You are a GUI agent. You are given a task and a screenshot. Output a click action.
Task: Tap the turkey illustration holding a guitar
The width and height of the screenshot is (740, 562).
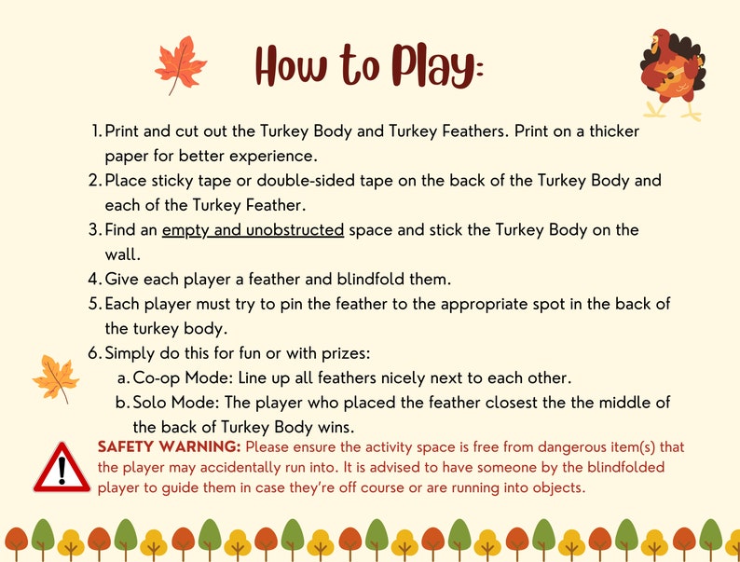coord(673,74)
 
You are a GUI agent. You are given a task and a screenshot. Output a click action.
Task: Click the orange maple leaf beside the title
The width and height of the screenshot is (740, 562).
coord(180,64)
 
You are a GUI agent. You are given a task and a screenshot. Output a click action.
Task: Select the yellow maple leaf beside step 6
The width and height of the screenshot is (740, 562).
coord(55,377)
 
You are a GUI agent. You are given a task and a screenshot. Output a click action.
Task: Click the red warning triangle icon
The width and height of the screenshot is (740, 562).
coord(62,468)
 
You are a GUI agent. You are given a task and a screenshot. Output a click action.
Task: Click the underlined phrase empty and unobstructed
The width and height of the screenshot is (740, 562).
coord(253,229)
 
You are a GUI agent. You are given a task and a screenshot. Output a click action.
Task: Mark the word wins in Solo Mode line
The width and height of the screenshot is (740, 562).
coord(336,427)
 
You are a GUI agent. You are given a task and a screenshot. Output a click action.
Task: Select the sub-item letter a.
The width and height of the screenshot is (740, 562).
coord(122,377)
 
